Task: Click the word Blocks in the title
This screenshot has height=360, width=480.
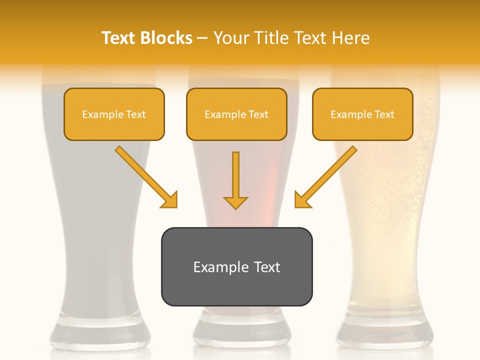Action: (x=166, y=38)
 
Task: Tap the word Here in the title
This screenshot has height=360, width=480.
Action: (x=351, y=38)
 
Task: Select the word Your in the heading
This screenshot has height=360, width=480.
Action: (x=230, y=38)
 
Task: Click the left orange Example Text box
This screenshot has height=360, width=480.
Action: (x=114, y=114)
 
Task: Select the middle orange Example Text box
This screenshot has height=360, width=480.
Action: (x=236, y=114)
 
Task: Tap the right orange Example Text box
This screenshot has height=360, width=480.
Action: (x=362, y=114)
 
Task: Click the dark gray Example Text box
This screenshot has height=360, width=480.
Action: (x=236, y=266)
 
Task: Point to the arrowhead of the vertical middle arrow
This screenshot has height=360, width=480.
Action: (x=235, y=202)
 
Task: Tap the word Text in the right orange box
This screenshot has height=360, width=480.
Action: (x=384, y=114)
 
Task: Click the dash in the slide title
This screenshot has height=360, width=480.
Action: (x=202, y=38)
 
